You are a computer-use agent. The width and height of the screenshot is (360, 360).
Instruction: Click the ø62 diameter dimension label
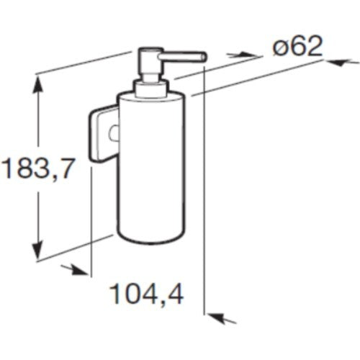point(297,47)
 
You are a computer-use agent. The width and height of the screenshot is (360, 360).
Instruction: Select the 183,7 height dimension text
point(37,168)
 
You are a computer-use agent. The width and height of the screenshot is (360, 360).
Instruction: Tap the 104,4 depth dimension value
point(147,294)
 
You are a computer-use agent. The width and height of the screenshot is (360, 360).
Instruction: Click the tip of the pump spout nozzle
point(204,57)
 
